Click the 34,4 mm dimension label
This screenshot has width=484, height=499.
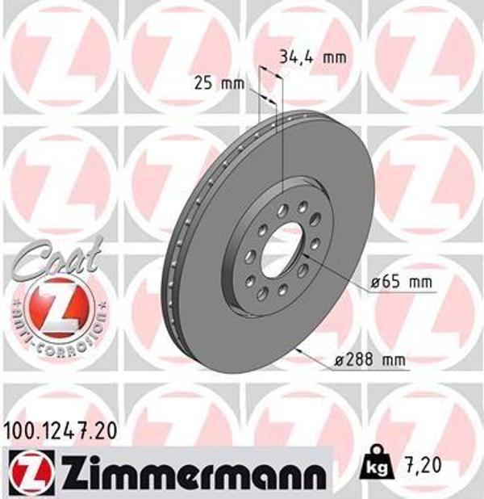[x=311, y=57]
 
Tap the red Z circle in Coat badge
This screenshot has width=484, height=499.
[x=53, y=308]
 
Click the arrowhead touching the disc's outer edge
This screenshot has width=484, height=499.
[x=301, y=350]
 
